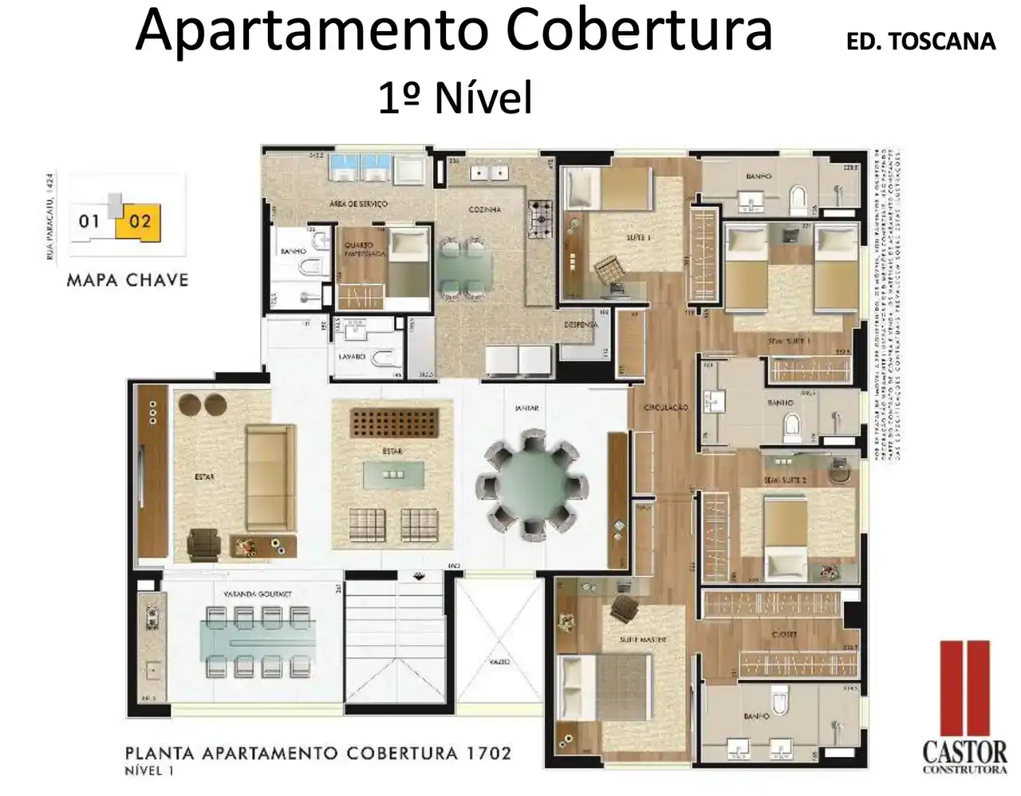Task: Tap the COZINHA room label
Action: pyautogui.click(x=484, y=209)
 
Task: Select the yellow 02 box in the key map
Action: pyautogui.click(x=140, y=220)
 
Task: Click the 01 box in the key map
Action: pyautogui.click(x=89, y=220)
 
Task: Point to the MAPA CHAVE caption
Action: pyautogui.click(x=128, y=280)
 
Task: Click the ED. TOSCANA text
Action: pyautogui.click(x=920, y=42)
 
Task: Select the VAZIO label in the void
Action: pyautogui.click(x=499, y=662)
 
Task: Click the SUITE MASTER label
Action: pyautogui.click(x=643, y=640)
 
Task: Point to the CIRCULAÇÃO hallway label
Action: pyautogui.click(x=665, y=408)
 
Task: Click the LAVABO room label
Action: pyautogui.click(x=352, y=357)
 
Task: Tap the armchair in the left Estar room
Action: pyautogui.click(x=205, y=543)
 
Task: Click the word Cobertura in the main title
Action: pyautogui.click(x=639, y=32)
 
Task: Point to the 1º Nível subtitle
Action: pyautogui.click(x=455, y=99)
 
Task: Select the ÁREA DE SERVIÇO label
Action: pyautogui.click(x=358, y=204)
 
